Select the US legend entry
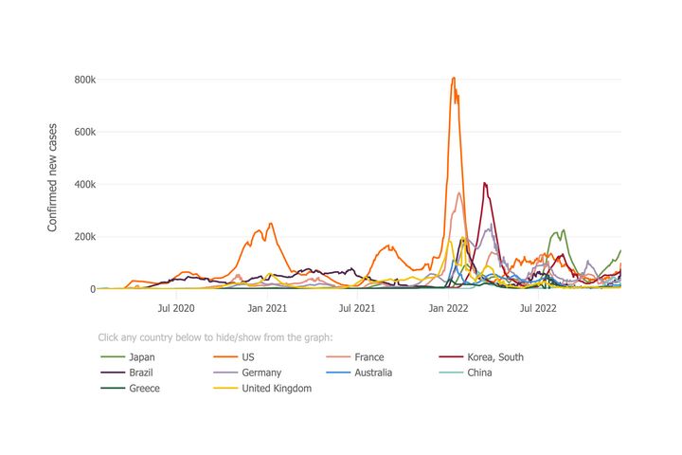pyautogui.click(x=249, y=357)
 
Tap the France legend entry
pyautogui.click(x=368, y=357)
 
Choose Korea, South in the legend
pyautogui.click(x=494, y=357)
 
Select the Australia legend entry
pyautogui.click(x=373, y=373)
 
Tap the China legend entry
pyautogui.click(x=480, y=373)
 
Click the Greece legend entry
pyautogui.click(x=144, y=388)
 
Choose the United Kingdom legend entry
pyautogui.click(x=276, y=388)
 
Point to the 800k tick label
pyautogui.click(x=84, y=80)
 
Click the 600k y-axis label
pyautogui.click(x=84, y=132)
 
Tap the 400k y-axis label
pyautogui.click(x=84, y=184)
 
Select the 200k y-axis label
pyautogui.click(x=84, y=237)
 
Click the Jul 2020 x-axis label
pyautogui.click(x=176, y=307)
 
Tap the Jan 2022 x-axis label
pyautogui.click(x=449, y=307)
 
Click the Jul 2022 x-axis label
pyautogui.click(x=538, y=307)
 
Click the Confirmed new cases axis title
pyautogui.click(x=53, y=176)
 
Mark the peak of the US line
pyautogui.click(x=454, y=78)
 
